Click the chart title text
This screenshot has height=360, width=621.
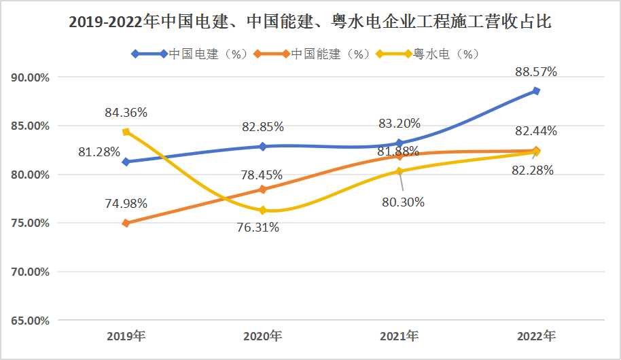point(310,21)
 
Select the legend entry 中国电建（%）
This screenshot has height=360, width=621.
point(190,54)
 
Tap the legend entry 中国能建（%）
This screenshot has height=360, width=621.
point(312,54)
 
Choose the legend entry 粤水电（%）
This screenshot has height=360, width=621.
point(428,54)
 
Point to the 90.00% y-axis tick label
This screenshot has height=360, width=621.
point(30,77)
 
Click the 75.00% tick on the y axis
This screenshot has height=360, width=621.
point(30,223)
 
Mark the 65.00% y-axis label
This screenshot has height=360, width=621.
point(30,321)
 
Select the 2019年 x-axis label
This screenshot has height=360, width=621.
point(126,336)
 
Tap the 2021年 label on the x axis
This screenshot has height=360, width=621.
point(400,336)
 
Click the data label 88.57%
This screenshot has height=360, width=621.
point(536,72)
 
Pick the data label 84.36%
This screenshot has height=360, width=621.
point(126,113)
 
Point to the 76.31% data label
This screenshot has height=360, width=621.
point(258,228)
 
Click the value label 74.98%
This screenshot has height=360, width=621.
point(126,204)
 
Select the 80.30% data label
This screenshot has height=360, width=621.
point(403,202)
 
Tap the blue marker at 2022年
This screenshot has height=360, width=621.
point(536,91)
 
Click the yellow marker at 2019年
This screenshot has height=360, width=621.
point(126,132)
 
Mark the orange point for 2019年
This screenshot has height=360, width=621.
point(126,223)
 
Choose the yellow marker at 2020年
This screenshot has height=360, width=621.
point(262,211)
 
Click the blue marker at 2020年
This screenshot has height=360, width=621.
point(262,147)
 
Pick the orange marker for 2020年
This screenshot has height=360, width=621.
point(262,190)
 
